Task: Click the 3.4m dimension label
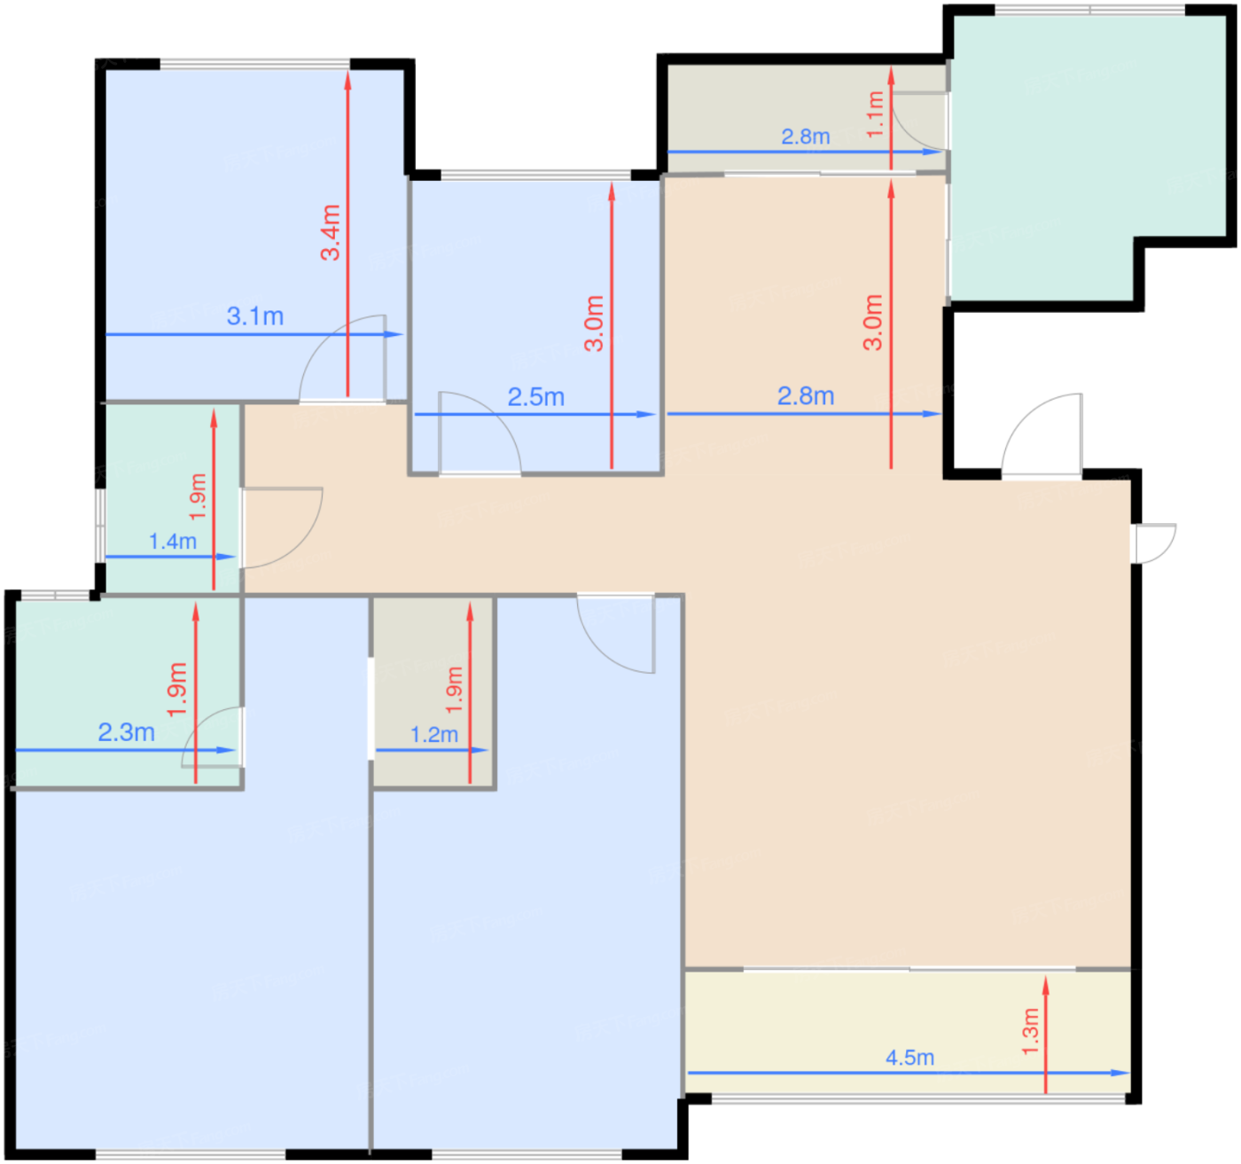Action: click(330, 232)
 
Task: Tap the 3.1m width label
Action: click(255, 316)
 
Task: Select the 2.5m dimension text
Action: click(535, 397)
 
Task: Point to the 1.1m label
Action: click(875, 113)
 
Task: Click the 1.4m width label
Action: click(173, 542)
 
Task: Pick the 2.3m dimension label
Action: click(126, 732)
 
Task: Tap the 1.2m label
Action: click(433, 735)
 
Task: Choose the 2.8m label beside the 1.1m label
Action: click(806, 137)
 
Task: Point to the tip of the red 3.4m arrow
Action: click(347, 71)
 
